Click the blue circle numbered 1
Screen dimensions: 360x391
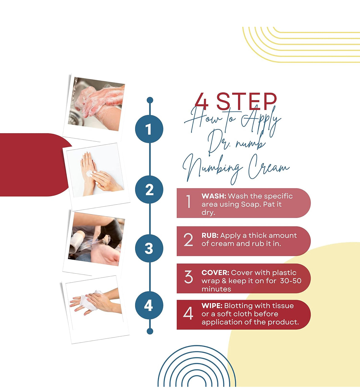(x=149, y=129)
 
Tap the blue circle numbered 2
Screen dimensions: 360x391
(x=149, y=189)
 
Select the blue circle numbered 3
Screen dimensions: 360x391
(x=149, y=248)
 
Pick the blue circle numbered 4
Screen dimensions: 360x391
(x=149, y=305)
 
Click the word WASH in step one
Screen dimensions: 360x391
(x=214, y=196)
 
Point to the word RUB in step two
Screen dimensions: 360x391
(x=210, y=236)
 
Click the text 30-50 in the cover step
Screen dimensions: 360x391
(x=291, y=281)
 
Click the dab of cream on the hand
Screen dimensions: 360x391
(x=89, y=174)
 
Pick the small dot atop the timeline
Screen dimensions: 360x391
(x=150, y=100)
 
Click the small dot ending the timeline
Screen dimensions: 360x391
(x=150, y=331)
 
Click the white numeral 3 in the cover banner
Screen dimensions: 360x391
(x=188, y=277)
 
